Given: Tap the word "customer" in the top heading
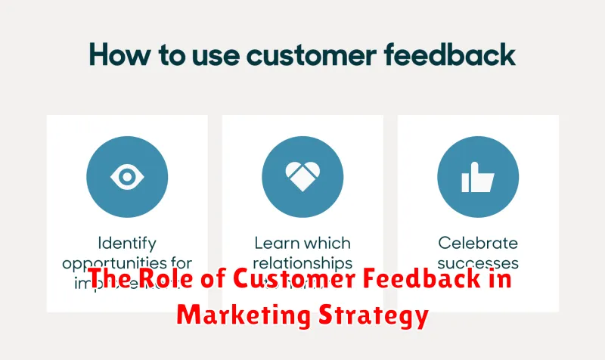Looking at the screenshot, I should [x=295, y=55].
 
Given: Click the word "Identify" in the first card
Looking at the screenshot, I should [x=127, y=244].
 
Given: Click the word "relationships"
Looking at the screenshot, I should [x=302, y=264].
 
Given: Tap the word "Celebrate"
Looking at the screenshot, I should [x=478, y=244].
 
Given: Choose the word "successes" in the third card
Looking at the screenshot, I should [x=478, y=264].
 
